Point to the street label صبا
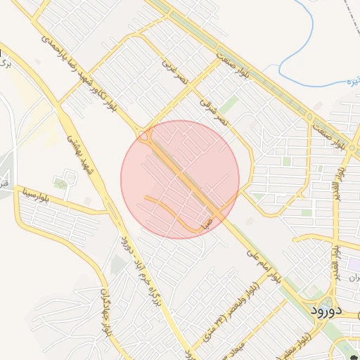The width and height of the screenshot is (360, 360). pyautogui.click(x=207, y=225)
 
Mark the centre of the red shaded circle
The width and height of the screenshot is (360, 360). pyautogui.click(x=180, y=179)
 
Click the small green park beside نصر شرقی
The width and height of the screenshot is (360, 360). pyautogui.click(x=228, y=105)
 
